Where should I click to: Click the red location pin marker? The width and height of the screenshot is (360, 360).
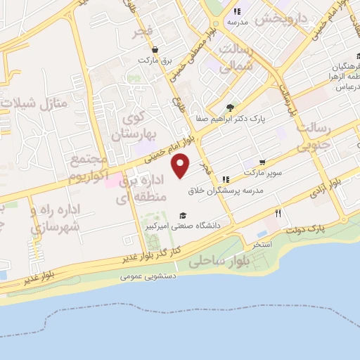(x=181, y=166)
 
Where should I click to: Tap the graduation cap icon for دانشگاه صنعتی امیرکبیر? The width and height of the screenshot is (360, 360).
(x=183, y=216)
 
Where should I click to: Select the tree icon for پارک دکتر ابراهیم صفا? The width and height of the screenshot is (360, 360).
(x=231, y=108)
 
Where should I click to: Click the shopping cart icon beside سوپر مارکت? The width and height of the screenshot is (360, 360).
(x=263, y=161)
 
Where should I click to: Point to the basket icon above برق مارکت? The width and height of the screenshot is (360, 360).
(x=155, y=50)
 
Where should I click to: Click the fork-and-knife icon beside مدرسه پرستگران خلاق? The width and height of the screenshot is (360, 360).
(x=226, y=179)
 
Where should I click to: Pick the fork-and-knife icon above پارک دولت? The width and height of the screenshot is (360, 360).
(x=278, y=213)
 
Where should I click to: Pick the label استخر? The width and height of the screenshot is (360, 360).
(x=262, y=243)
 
